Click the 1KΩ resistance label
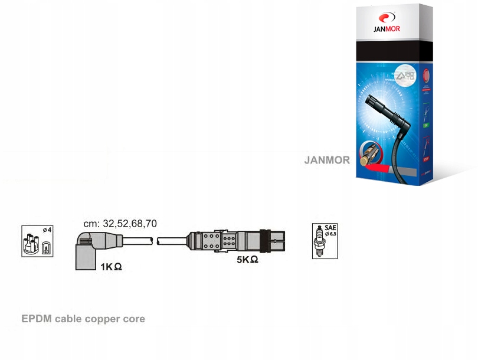111,267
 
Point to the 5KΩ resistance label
247,260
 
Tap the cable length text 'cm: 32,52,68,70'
120,224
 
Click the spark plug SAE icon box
325,241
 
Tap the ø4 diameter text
47,230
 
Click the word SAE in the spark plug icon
330,228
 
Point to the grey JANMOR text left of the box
327,160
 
